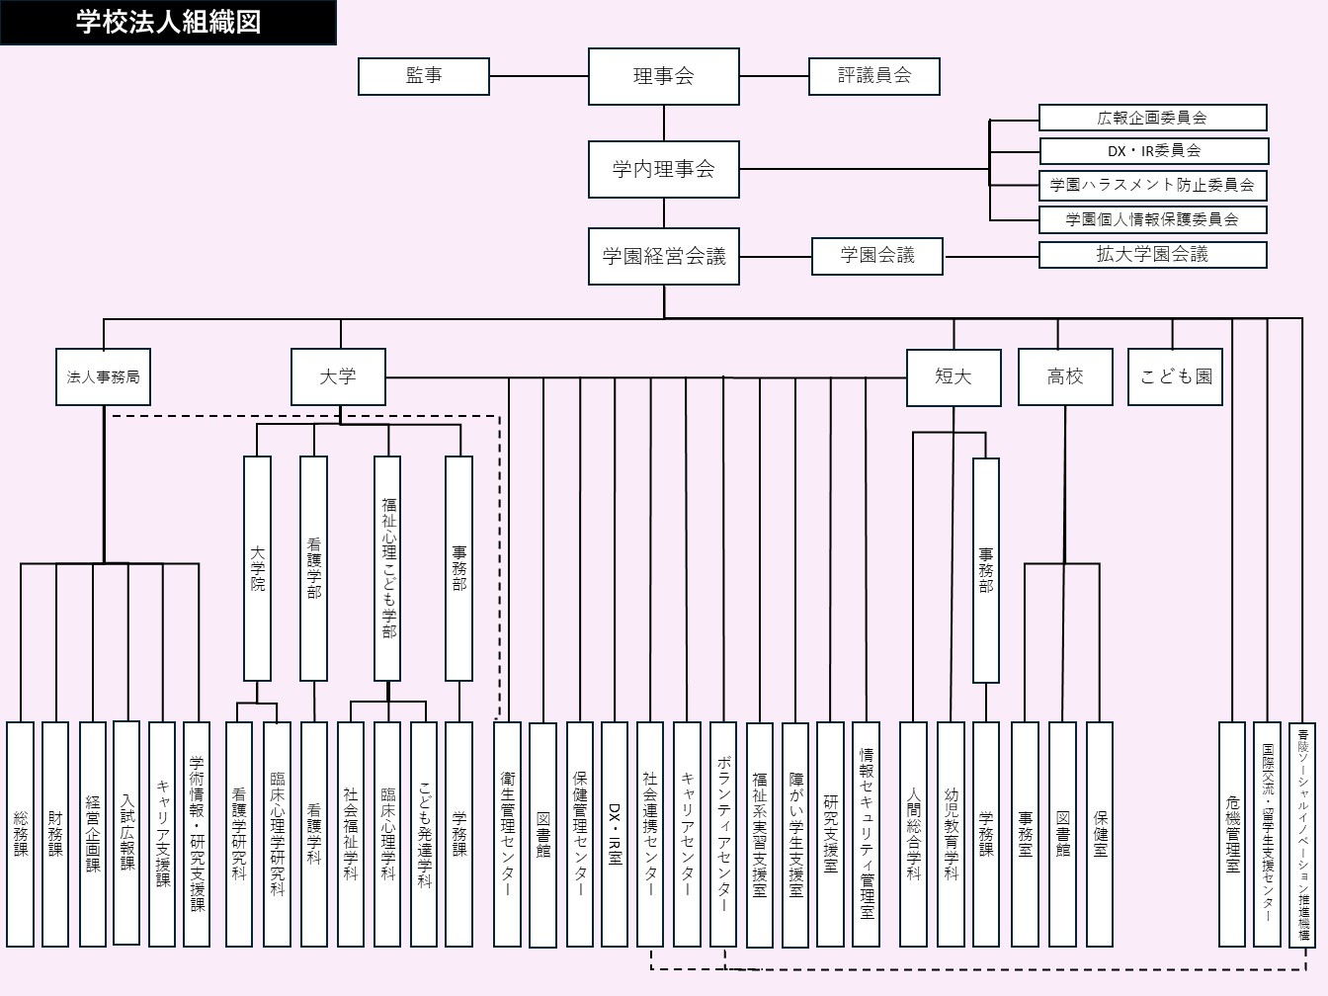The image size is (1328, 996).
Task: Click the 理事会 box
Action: pyautogui.click(x=663, y=76)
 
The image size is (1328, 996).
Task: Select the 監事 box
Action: pyautogui.click(x=423, y=76)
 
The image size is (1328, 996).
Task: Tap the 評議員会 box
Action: pyautogui.click(x=873, y=76)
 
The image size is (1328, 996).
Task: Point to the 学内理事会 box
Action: pyautogui.click(x=663, y=169)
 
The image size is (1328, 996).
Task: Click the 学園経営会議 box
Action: pyautogui.click(x=663, y=257)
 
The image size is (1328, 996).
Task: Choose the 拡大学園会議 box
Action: pyautogui.click(x=1152, y=254)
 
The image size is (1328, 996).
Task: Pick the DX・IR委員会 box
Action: pyautogui.click(x=1152, y=151)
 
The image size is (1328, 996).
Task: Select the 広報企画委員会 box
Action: pyautogui.click(x=1152, y=118)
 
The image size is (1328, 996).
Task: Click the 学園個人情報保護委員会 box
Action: pyautogui.click(x=1152, y=219)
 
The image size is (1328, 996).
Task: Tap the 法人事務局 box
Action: pyautogui.click(x=103, y=376)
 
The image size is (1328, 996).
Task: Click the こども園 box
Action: pyautogui.click(x=1175, y=376)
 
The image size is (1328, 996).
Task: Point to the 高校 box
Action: pyautogui.click(x=1065, y=376)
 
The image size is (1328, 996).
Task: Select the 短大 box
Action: pyautogui.click(x=954, y=376)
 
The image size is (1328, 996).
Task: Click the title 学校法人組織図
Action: pyautogui.click(x=168, y=22)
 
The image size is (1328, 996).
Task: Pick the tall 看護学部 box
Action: pyautogui.click(x=313, y=568)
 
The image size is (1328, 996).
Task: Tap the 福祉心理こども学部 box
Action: pyautogui.click(x=387, y=568)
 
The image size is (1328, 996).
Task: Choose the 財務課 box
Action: pyautogui.click(x=55, y=833)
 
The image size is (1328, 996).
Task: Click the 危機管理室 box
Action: pyautogui.click(x=1231, y=833)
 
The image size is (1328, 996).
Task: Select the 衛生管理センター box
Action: pyautogui.click(x=507, y=833)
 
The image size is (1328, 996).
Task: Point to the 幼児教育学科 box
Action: pyautogui.click(x=950, y=833)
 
